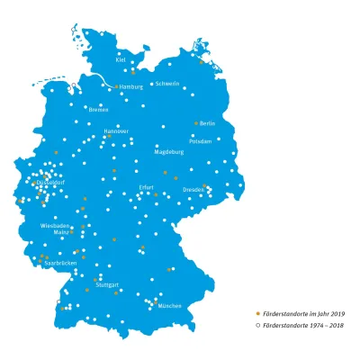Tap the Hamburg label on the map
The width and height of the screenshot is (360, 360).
coord(131,87)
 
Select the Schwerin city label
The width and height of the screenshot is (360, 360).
coord(168,84)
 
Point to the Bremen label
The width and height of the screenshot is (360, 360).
coord(98,110)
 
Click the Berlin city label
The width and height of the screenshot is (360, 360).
coord(208,123)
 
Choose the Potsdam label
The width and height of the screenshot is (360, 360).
coord(201,141)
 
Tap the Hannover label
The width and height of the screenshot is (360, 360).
coord(116,130)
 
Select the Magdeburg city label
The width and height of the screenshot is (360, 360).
coord(169,152)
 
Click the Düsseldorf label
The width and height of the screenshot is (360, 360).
coord(50,183)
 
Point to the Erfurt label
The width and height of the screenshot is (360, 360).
coord(146,187)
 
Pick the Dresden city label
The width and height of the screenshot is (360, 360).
coord(193,190)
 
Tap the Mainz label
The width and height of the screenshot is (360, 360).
coord(61,234)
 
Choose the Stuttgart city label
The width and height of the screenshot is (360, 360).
coord(107,284)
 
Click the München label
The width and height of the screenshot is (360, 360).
coord(169,306)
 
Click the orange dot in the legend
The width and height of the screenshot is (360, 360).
coord(258,313)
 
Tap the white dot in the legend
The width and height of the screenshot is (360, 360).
coord(258,322)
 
